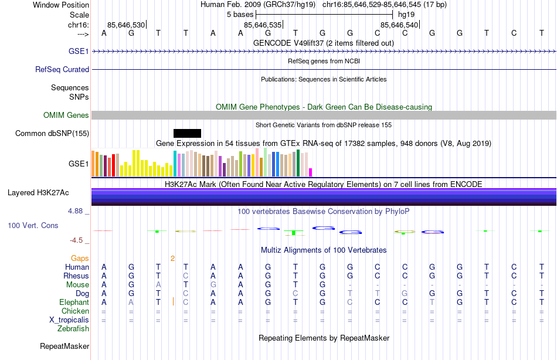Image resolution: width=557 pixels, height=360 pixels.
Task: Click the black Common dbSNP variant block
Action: click(x=187, y=133)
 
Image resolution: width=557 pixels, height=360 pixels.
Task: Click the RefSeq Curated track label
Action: click(x=62, y=69)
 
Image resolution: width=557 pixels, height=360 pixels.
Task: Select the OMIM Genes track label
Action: click(x=66, y=116)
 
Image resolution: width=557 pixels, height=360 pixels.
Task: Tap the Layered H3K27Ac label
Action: click(x=38, y=192)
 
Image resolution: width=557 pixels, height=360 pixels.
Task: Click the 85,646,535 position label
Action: click(x=263, y=25)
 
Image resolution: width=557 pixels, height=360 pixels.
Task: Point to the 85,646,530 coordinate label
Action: click(x=126, y=25)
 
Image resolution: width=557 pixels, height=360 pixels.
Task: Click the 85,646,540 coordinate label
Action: click(x=399, y=25)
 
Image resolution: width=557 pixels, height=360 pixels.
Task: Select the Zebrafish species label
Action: click(x=73, y=329)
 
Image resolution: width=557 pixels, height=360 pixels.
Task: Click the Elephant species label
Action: click(x=74, y=302)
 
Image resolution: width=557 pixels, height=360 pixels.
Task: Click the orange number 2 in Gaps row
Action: click(x=172, y=258)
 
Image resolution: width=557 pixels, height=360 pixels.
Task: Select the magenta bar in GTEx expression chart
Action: click(x=311, y=172)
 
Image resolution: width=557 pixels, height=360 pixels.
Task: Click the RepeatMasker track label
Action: click(x=64, y=347)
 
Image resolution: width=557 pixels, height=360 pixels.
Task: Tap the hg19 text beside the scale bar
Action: click(x=406, y=14)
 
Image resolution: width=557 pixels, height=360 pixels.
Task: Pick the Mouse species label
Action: click(x=77, y=284)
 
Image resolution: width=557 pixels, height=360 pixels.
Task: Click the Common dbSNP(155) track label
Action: click(x=52, y=133)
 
